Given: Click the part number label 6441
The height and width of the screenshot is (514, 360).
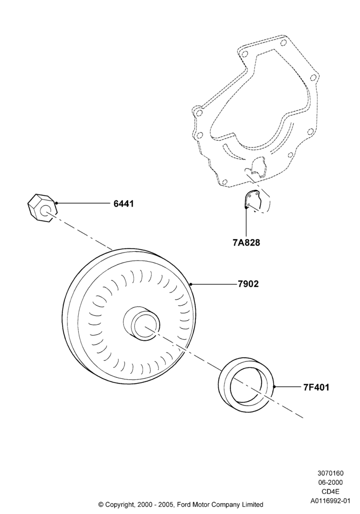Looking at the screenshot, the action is pyautogui.click(x=123, y=204).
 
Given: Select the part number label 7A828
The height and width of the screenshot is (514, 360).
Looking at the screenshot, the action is pyautogui.click(x=246, y=243).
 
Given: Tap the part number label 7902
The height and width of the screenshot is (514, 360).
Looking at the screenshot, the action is pyautogui.click(x=248, y=284).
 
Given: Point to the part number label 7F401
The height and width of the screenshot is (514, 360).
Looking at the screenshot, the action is pyautogui.click(x=316, y=388).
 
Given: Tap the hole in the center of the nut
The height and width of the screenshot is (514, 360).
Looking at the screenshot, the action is pyautogui.click(x=45, y=211).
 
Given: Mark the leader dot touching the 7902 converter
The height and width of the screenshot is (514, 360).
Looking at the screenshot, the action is pyautogui.click(x=191, y=284).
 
